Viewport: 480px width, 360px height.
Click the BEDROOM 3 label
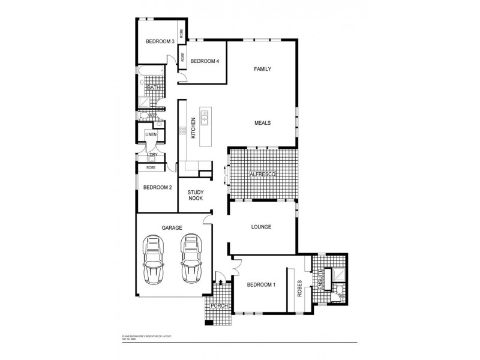point(160,41)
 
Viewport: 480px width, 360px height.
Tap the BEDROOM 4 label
point(205,61)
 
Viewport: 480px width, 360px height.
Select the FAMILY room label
point(262,69)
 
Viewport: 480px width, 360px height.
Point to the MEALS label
point(262,123)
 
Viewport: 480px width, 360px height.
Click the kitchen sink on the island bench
point(204,116)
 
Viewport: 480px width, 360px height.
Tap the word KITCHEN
point(193,128)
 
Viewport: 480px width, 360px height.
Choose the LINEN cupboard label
point(151,134)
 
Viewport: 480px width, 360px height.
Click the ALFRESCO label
point(262,174)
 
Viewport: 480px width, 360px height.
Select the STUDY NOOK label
point(196,195)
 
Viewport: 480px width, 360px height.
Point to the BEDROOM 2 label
point(157,187)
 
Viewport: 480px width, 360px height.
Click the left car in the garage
point(154,259)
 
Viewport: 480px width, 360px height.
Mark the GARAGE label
point(172,227)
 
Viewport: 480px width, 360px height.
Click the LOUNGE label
point(262,227)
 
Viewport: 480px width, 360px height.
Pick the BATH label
point(154,88)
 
